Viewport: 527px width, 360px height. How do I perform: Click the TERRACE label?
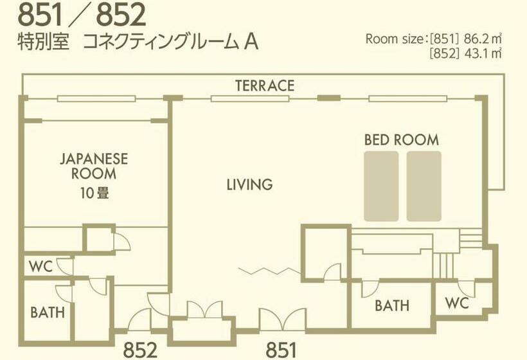pos(265,85)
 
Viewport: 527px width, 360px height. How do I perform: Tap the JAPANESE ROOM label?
pos(94,166)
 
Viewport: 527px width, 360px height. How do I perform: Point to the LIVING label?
pos(249,184)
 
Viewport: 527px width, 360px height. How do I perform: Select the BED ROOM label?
pos(402,140)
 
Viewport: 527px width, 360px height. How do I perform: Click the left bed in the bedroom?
pos(381,186)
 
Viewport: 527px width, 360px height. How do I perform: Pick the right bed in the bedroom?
pos(424,186)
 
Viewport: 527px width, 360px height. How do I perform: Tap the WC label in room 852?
pos(40,267)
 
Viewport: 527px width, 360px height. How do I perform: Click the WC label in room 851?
pos(457,303)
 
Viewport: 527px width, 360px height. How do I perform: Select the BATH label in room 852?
pos(48,312)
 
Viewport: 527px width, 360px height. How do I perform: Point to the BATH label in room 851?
pos(392,305)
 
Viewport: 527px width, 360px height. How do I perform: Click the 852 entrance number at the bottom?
pos(140,350)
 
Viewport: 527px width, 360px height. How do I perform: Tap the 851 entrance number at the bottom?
pos(281,350)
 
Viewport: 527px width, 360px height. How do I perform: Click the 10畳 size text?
pos(94,193)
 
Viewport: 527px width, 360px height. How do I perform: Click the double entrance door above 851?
pos(283,319)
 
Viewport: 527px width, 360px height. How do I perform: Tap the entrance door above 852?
pos(139,319)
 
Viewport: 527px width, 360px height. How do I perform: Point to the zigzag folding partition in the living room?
pos(269,271)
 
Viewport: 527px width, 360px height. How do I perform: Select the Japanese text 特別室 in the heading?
pos(43,42)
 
